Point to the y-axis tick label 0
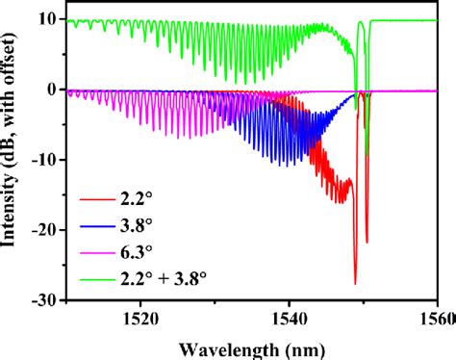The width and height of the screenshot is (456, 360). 51,90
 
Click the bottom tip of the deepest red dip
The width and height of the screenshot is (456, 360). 355,284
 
